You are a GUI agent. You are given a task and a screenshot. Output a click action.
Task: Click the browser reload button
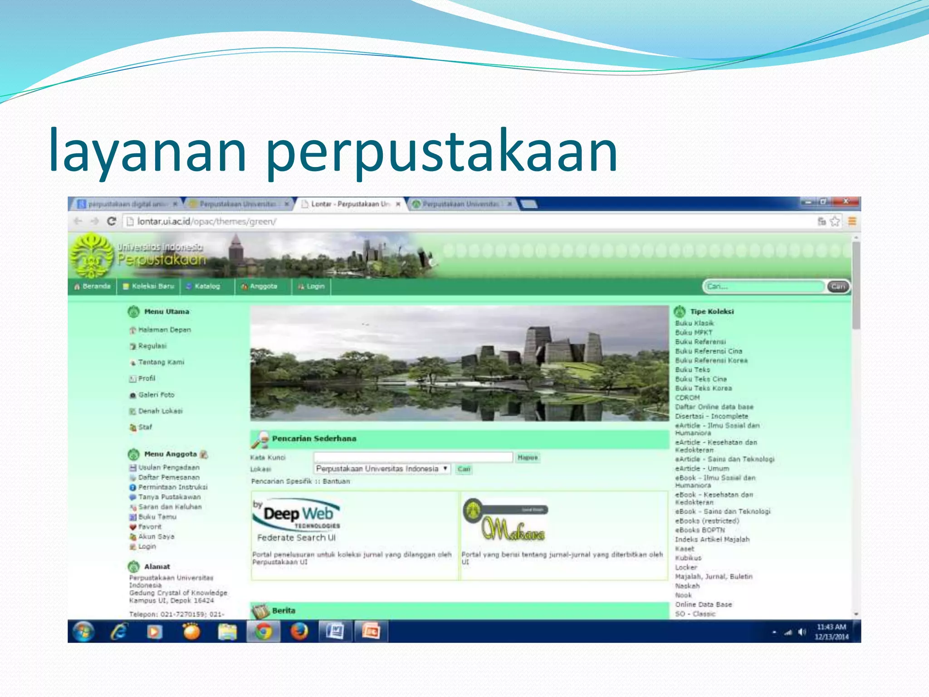coord(112,221)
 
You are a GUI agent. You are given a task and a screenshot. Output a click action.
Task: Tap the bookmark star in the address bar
coord(835,221)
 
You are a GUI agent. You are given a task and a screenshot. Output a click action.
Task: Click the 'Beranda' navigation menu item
coord(93,286)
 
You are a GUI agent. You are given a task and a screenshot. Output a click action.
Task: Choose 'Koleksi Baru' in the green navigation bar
coord(149,286)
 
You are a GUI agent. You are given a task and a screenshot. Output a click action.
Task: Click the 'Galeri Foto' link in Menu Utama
coord(156,395)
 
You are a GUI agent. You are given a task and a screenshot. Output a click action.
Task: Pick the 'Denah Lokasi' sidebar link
coord(160,411)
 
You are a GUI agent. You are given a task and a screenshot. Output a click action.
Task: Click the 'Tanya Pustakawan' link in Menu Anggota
coord(169,497)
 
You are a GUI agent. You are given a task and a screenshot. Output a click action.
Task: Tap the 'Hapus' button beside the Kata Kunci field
coord(528,457)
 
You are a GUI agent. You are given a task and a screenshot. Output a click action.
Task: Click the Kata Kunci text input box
coord(413,457)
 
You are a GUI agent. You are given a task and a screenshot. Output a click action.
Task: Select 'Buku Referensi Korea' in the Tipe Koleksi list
coord(711,361)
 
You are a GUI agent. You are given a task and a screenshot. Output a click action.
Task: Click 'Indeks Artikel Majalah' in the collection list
coord(712,540)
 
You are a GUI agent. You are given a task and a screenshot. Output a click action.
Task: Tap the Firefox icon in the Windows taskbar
coord(299,632)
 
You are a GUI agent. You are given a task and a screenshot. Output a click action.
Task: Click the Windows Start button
coord(83,632)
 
